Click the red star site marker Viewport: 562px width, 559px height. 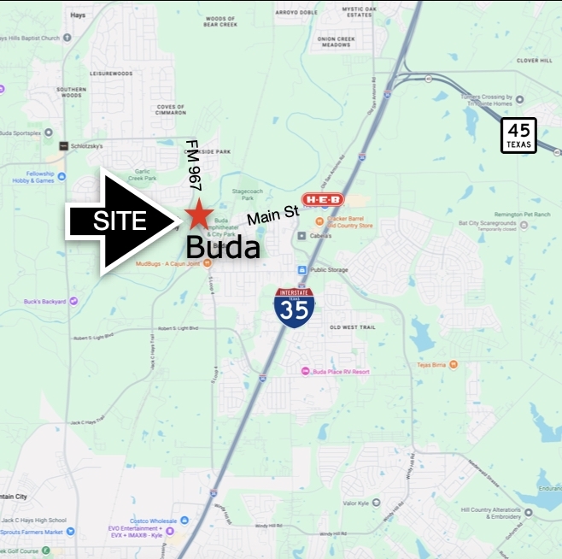click(199, 215)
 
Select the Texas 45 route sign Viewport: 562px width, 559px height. click(518, 136)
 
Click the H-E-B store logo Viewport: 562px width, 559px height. click(323, 200)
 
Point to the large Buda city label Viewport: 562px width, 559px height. click(222, 248)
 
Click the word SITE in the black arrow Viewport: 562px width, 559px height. click(120, 221)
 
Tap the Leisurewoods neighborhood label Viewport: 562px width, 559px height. click(111, 74)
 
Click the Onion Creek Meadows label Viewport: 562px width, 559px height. click(334, 41)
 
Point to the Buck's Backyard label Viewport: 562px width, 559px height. click(44, 301)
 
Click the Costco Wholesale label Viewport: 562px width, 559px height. click(154, 520)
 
